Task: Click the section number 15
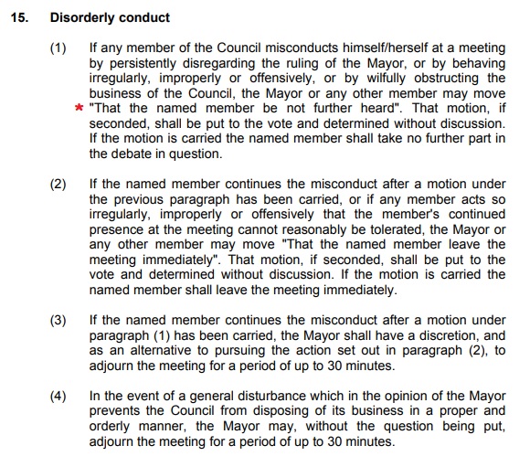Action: pos(18,16)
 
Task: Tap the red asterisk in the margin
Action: pos(79,109)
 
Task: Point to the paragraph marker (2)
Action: pos(58,184)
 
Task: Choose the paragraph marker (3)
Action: pos(58,320)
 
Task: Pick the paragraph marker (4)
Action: pos(58,396)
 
